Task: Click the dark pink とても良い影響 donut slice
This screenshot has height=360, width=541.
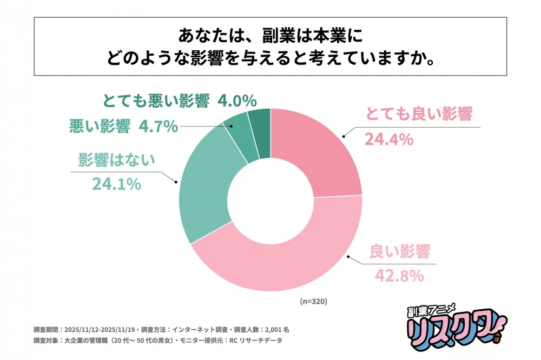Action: click(x=316, y=151)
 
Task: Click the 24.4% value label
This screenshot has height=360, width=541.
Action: click(x=388, y=140)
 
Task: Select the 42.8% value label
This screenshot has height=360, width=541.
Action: click(x=399, y=276)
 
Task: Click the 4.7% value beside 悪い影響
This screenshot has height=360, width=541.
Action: click(x=158, y=126)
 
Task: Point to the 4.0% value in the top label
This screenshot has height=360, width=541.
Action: click(x=236, y=101)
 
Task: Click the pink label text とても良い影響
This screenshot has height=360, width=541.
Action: click(x=419, y=115)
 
